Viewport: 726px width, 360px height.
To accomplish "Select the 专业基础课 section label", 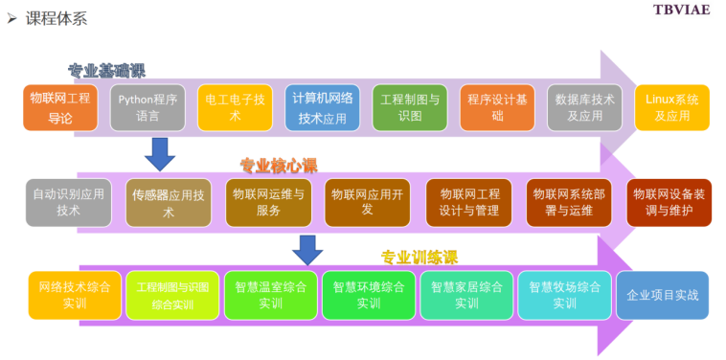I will pyautogui.click(x=106, y=71).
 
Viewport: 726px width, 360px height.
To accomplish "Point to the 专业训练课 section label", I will pyautogui.click(x=419, y=257).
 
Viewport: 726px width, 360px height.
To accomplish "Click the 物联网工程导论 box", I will pyautogui.click(x=60, y=107).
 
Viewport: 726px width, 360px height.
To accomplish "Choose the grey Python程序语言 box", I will pyautogui.click(x=147, y=107).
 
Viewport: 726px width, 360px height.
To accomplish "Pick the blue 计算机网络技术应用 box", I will pyautogui.click(x=322, y=107).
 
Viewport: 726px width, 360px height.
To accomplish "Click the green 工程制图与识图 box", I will pyautogui.click(x=409, y=107).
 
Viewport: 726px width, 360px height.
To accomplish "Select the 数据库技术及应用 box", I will pyautogui.click(x=584, y=107).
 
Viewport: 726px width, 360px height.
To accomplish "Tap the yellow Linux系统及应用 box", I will pyautogui.click(x=672, y=107).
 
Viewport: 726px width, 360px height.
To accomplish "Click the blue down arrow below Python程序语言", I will pyautogui.click(x=159, y=153).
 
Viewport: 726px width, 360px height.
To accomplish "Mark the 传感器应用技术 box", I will pyautogui.click(x=169, y=202).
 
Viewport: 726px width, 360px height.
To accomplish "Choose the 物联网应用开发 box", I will pyautogui.click(x=367, y=202).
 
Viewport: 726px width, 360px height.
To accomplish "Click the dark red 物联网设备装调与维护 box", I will pyautogui.click(x=669, y=202).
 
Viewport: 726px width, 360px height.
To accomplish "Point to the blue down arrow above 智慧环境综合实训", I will pyautogui.click(x=307, y=249).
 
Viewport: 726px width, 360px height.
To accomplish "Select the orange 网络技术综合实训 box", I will pyautogui.click(x=75, y=295).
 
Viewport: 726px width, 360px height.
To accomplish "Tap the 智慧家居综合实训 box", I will pyautogui.click(x=466, y=295).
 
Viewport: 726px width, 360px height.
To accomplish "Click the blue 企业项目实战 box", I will pyautogui.click(x=663, y=295).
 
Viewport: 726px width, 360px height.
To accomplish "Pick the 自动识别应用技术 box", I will pyautogui.click(x=69, y=202).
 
